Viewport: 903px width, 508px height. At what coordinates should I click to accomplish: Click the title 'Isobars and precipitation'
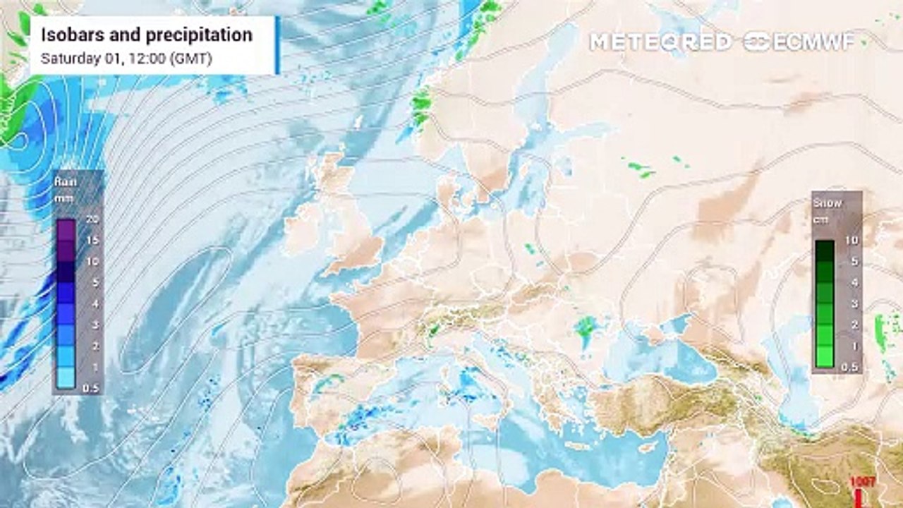146,35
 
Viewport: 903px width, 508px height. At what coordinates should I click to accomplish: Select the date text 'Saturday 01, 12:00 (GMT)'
126,59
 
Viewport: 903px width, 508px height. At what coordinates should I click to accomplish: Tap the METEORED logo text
660,42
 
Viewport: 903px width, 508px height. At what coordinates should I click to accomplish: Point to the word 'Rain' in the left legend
65,182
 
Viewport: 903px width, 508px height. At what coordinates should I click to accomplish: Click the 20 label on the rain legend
91,219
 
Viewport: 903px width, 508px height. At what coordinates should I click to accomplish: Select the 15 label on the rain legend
91,240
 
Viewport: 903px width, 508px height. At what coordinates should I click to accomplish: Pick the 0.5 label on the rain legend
91,388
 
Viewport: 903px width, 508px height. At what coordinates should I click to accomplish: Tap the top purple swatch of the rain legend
66,230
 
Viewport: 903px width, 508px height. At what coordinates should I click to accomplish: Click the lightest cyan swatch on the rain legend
66,378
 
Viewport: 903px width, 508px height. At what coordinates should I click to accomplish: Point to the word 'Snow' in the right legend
828,203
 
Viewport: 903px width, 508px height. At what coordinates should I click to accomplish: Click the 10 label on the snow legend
852,241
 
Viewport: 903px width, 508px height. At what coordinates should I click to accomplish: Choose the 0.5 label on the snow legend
851,368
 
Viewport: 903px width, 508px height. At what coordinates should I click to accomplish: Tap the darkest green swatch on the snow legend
824,251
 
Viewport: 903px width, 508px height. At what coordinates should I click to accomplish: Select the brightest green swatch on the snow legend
824,357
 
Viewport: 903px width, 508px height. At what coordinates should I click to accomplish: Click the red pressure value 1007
863,481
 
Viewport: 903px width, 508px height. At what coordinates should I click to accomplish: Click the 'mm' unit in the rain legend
63,198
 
